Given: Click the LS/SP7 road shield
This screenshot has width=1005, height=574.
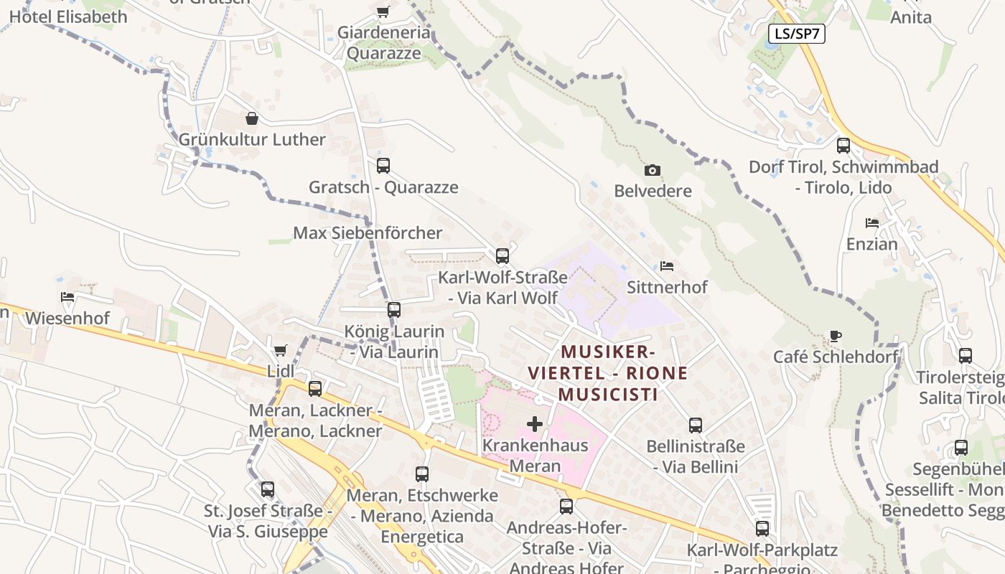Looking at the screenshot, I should point(796,34).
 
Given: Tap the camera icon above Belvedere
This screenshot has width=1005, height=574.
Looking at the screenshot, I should point(653,170).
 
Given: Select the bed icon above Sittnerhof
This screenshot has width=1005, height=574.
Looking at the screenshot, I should point(667,266).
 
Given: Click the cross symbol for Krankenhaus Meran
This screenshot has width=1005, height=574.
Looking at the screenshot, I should point(535,424).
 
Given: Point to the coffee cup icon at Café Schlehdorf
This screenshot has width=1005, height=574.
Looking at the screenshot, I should point(835,335).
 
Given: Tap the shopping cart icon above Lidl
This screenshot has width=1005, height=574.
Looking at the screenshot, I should point(280,350).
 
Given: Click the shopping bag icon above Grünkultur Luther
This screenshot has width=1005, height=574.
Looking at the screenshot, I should point(252,118).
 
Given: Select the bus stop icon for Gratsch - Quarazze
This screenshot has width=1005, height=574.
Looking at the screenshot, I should point(383,166).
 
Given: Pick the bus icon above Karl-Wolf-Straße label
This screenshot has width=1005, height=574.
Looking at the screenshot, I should point(502,255).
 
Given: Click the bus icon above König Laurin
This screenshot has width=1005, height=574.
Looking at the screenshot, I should point(394,310).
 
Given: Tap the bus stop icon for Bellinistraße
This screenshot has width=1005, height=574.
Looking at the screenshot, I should point(696,425).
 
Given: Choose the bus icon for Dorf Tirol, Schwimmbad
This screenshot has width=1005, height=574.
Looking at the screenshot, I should point(843,146).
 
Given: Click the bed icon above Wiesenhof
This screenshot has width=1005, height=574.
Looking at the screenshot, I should point(67,296).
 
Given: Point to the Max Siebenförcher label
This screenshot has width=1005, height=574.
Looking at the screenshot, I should point(368,233).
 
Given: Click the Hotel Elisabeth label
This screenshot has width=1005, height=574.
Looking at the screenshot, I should point(68,17).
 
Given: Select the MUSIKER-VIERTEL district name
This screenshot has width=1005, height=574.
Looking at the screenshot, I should point(608,373).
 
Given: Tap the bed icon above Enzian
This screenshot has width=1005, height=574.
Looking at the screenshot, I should point(872,223).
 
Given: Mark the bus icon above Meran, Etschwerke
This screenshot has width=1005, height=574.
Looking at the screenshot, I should point(422,474).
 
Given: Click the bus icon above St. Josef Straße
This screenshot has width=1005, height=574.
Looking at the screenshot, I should point(268,489).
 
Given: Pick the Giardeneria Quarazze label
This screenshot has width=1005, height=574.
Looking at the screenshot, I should point(383,43).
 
